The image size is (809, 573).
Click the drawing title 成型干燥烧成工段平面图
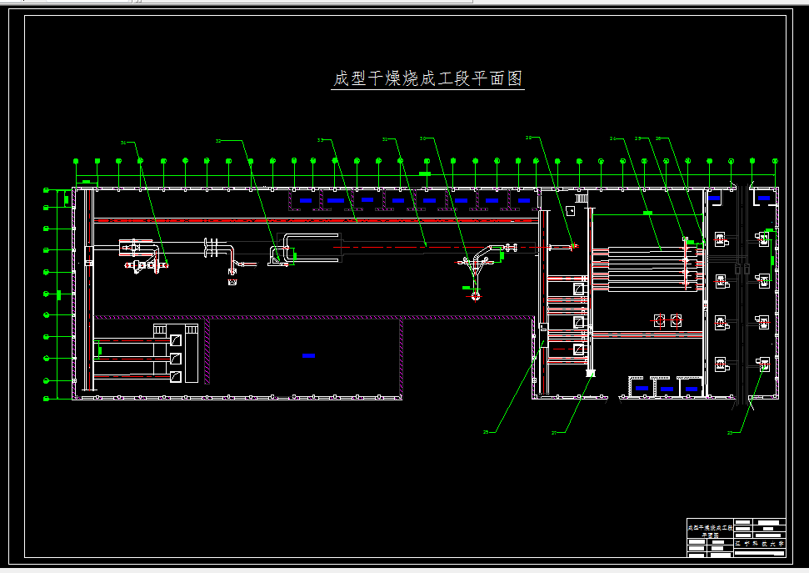tap(427, 79)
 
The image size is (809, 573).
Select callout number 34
tap(123, 143)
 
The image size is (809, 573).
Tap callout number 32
tap(218, 141)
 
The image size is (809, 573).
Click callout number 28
tap(529, 137)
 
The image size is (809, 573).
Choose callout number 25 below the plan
tap(487, 432)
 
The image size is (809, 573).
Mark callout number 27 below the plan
tap(555, 432)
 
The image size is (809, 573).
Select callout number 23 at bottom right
tap(731, 432)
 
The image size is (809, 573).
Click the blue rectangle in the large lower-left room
tap(308, 356)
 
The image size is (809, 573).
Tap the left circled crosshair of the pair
tap(658, 320)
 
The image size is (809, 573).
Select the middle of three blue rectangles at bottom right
tap(666, 389)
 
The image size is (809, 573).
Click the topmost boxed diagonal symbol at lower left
tap(175, 340)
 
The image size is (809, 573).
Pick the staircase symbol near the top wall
tap(581, 198)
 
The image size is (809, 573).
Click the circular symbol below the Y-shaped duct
tap(475, 296)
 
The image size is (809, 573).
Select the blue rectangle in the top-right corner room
tap(763, 199)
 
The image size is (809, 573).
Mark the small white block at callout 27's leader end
tap(591, 374)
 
